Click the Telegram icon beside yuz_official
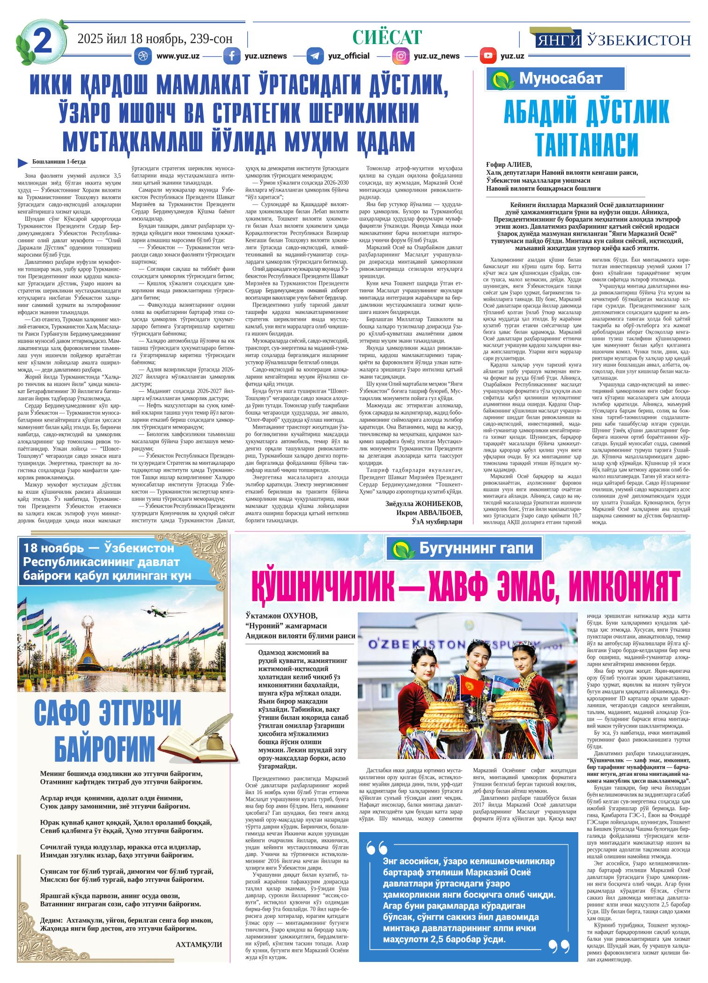[x=315, y=56]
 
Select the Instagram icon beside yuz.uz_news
[x=401, y=56]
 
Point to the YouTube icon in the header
[x=488, y=56]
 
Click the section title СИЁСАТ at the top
[x=387, y=37]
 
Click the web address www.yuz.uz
[x=178, y=56]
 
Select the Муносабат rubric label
[x=560, y=79]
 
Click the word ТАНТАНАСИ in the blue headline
[x=587, y=144]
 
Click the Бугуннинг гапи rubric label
[x=475, y=548]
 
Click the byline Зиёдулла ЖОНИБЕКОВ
[x=423, y=504]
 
